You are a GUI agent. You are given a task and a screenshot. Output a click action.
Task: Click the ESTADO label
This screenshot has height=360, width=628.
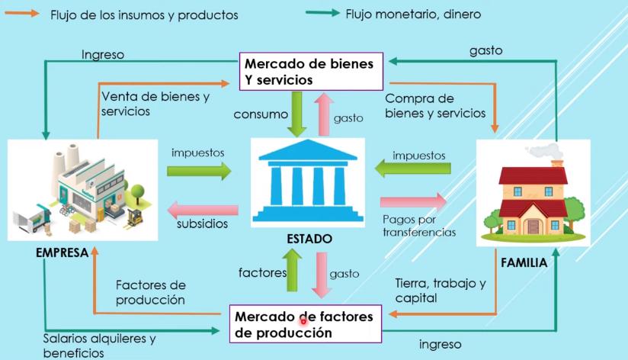[x=309, y=239]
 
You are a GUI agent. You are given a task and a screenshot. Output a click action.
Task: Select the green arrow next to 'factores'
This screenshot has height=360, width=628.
[x=296, y=272]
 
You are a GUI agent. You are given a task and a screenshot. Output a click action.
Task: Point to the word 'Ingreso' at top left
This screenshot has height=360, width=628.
[x=102, y=55]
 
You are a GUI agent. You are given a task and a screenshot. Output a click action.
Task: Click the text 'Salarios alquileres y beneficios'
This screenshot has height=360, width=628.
[x=100, y=346]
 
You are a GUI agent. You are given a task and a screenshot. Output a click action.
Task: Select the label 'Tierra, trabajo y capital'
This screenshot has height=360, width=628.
[x=440, y=291]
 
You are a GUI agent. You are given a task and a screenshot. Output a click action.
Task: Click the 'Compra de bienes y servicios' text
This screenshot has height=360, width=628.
[x=435, y=106]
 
